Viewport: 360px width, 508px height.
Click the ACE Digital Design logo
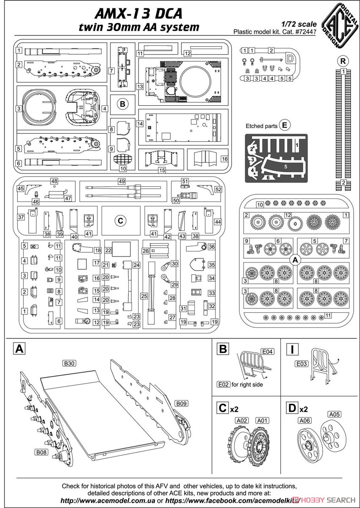click(x=341, y=25)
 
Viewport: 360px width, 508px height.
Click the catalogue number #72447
click(x=306, y=32)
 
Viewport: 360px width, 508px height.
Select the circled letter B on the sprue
click(x=122, y=104)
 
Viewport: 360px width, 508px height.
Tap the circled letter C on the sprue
click(x=120, y=221)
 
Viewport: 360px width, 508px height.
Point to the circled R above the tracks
click(x=343, y=61)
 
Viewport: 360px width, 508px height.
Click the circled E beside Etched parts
click(x=285, y=125)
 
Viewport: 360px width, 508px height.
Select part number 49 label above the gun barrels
click(x=122, y=181)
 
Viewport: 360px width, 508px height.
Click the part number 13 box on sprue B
click(x=140, y=86)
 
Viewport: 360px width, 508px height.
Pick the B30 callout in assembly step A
click(x=69, y=363)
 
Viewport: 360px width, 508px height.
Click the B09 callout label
click(x=181, y=403)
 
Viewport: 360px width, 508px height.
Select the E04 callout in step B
click(x=267, y=351)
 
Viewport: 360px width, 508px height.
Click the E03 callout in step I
click(x=302, y=364)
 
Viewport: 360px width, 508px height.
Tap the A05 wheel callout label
click(x=334, y=414)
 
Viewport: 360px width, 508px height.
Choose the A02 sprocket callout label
click(x=241, y=420)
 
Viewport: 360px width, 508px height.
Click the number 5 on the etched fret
click(x=285, y=167)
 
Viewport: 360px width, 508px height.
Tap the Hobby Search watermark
click(x=324, y=500)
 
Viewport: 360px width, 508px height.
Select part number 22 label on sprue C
click(x=108, y=250)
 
